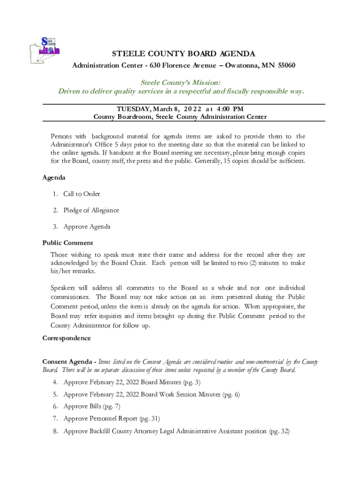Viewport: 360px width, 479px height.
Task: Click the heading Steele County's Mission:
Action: tap(180, 82)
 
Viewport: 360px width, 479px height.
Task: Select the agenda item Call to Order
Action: tap(81, 194)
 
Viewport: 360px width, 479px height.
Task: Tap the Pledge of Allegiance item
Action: tap(91, 210)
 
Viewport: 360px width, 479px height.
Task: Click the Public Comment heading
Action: tap(67, 243)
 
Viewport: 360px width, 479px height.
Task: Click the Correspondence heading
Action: tap(66, 338)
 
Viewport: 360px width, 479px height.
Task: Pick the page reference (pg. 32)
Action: tap(279, 431)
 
